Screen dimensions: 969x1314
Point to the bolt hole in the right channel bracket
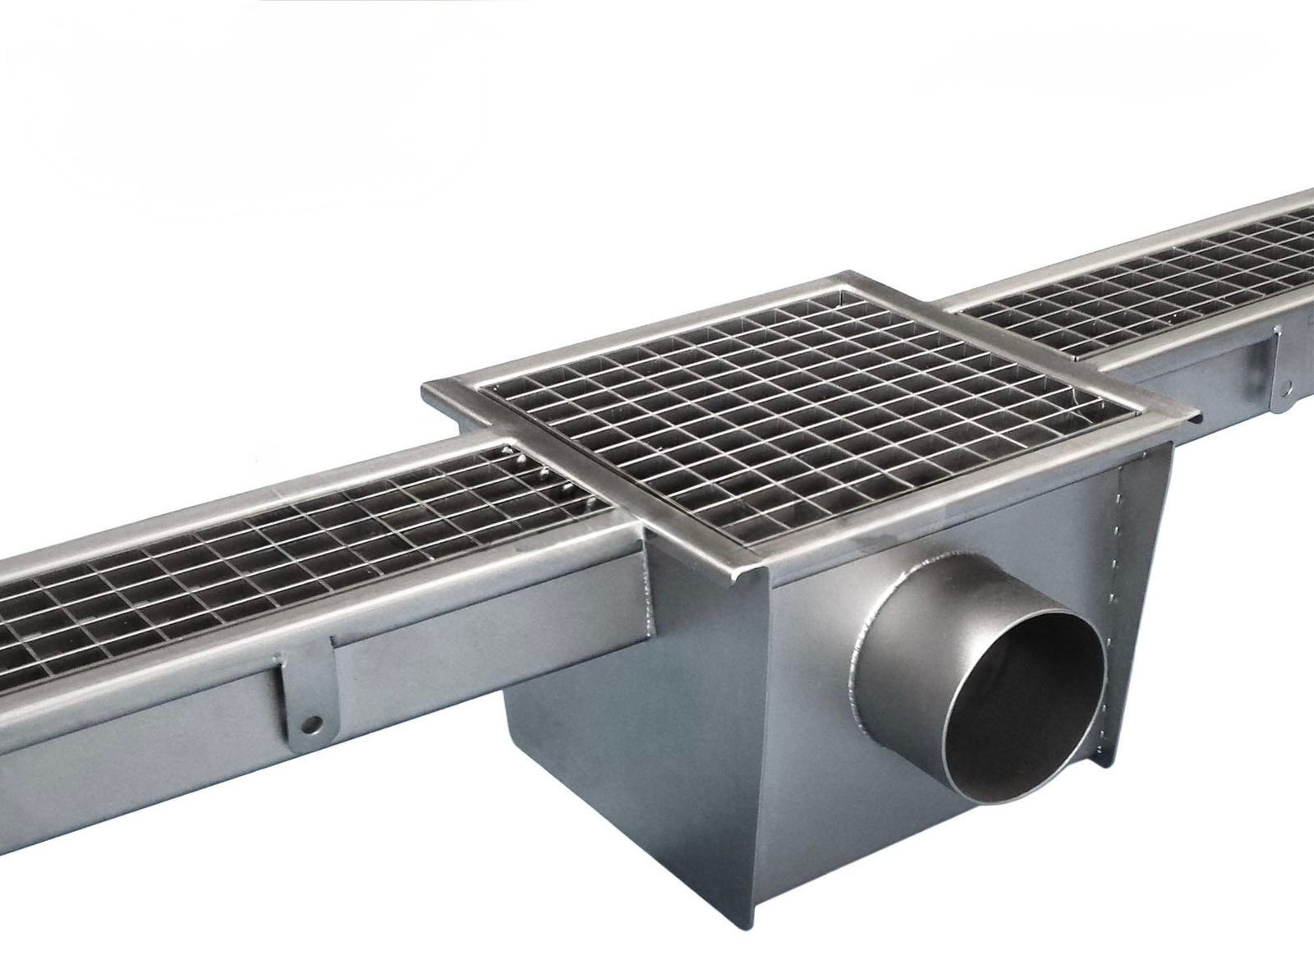(x=1285, y=383)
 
